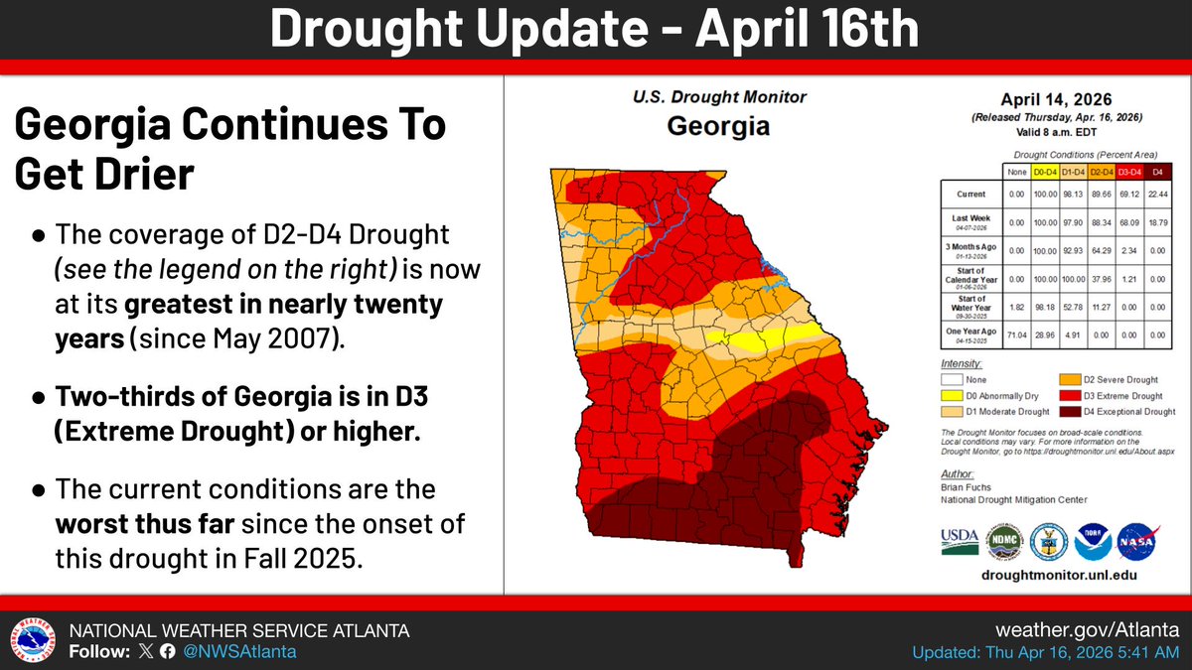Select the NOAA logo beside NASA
tap(1092, 541)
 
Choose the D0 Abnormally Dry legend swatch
tap(956, 394)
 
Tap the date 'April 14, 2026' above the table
tap(1056, 99)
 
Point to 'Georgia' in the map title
tap(719, 126)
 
